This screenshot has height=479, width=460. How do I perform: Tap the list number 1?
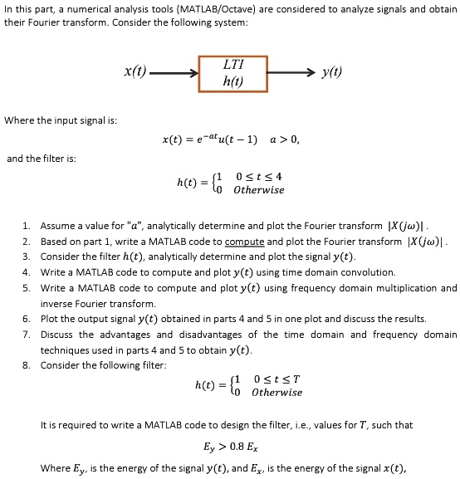coord(27,226)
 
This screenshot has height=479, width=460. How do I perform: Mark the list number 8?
coord(27,365)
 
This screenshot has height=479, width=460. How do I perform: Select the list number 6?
coord(27,319)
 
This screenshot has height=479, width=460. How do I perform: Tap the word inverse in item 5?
coord(55,304)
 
